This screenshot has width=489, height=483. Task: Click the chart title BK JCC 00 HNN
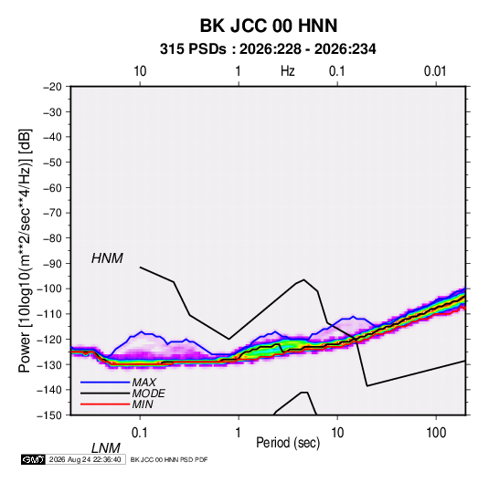tap(268, 26)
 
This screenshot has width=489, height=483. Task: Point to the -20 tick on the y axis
tap(52, 87)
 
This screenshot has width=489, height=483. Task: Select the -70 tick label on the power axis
tap(52, 213)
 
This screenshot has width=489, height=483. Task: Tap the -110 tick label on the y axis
tap(49, 314)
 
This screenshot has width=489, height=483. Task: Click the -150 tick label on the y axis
tap(49, 415)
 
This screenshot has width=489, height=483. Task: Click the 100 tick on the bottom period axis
tap(436, 433)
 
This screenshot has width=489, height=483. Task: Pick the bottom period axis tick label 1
tap(238, 433)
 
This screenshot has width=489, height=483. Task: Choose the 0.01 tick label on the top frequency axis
tap(435, 71)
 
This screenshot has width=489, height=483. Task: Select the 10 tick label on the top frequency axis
tap(140, 71)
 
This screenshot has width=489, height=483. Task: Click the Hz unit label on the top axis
tap(288, 71)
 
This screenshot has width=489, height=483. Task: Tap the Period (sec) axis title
tap(288, 443)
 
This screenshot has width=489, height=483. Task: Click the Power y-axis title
tap(25, 250)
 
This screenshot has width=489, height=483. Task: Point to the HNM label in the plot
tap(107, 258)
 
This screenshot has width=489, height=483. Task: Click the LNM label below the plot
tap(106, 448)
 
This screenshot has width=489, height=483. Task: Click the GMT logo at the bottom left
tap(33, 459)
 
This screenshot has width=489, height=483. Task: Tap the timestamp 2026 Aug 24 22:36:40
tap(85, 459)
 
